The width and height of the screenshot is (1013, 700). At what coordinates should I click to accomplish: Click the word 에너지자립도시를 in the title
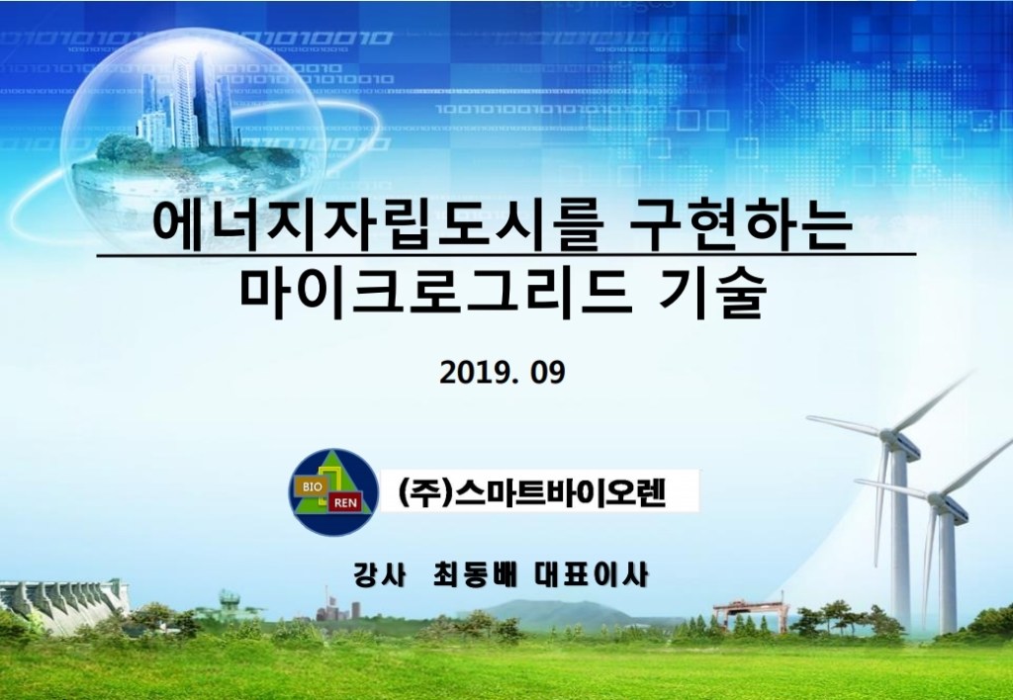point(378,226)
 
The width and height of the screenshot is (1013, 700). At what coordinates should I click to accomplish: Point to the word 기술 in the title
point(712,293)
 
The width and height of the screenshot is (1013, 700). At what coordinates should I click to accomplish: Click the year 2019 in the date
point(475,373)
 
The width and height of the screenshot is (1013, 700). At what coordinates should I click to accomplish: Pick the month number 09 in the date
point(548,373)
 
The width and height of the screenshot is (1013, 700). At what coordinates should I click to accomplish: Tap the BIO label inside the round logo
point(312,486)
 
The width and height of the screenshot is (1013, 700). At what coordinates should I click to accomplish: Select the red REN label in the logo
point(345,502)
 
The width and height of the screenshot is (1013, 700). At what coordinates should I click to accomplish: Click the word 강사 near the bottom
point(379,574)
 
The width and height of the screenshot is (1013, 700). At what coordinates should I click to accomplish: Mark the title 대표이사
point(592,574)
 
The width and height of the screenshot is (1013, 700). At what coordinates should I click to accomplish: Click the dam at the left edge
point(61,605)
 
